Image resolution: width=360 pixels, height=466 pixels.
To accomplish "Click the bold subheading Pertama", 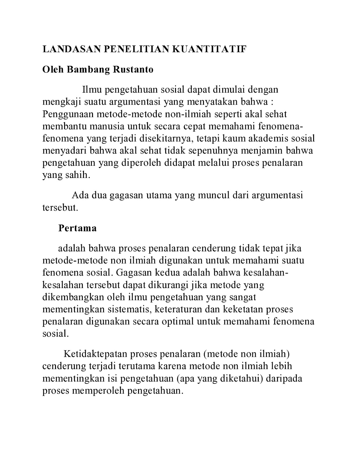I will point(77,228).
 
